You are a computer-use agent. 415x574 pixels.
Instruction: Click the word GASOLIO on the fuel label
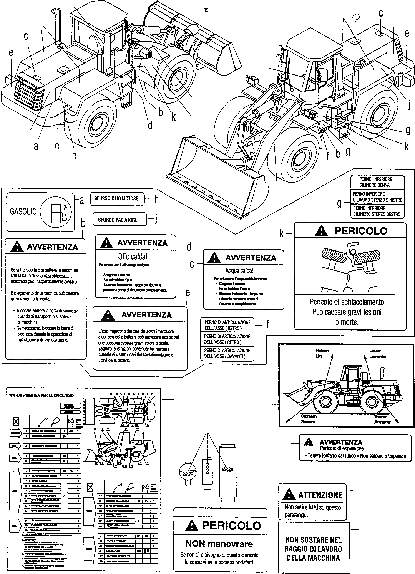(23, 211)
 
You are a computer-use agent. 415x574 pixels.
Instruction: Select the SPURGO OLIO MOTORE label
(116, 198)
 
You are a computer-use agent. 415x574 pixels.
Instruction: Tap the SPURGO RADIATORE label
(118, 219)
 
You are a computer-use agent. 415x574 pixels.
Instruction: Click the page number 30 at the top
(206, 10)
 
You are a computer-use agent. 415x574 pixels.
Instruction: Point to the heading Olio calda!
(133, 256)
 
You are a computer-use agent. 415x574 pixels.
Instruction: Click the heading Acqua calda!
(239, 270)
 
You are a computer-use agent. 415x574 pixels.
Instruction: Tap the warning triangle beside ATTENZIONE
(289, 495)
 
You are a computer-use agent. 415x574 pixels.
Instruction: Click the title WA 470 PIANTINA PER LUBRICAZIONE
(42, 395)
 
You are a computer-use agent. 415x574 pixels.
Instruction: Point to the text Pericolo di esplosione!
(342, 448)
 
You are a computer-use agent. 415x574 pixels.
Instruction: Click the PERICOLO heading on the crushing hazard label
(361, 231)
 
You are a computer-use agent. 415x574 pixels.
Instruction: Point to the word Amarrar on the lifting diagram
(382, 422)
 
